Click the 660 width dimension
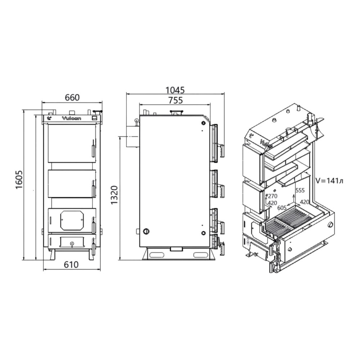72,98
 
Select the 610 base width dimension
71,265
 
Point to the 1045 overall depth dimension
175,90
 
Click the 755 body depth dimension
175,100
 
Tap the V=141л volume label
329,181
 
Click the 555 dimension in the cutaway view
300,190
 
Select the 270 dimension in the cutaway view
273,196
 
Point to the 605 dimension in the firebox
282,208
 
